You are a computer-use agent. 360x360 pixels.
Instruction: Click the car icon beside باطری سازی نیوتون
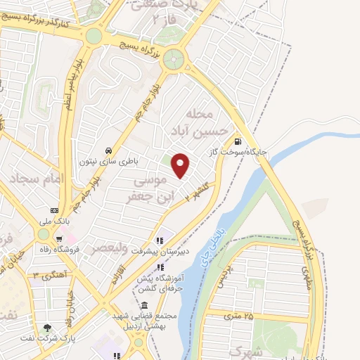pyautogui.click(x=108, y=150)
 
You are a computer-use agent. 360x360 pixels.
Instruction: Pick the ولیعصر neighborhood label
pyautogui.click(x=107, y=249)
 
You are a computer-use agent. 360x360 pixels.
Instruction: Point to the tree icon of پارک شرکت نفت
pyautogui.click(x=47, y=328)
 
